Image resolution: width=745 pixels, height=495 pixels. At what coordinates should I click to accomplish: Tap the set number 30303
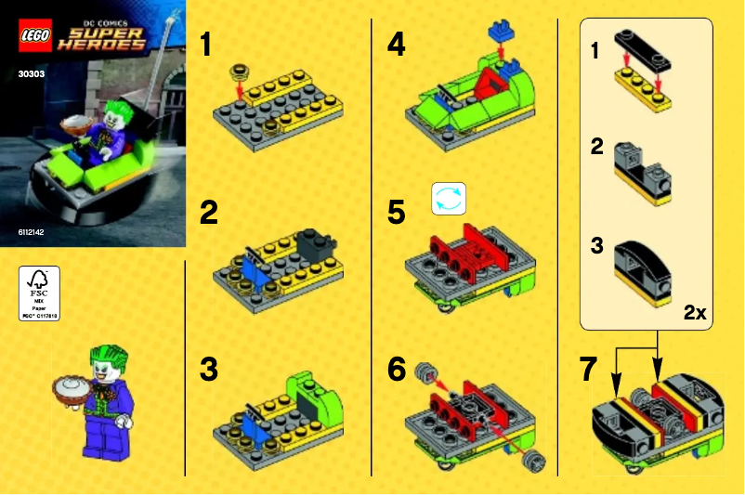(x=32, y=68)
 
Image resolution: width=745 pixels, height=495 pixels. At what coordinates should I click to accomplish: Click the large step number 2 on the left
(x=210, y=214)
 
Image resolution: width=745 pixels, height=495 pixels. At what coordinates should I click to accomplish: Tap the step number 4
(x=397, y=43)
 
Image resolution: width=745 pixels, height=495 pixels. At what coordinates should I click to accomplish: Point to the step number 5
(x=397, y=213)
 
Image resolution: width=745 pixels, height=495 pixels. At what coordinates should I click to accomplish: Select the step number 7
(x=587, y=370)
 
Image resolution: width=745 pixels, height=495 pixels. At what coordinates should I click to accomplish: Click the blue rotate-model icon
(x=447, y=199)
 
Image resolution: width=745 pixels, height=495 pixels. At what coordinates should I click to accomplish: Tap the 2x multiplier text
(x=695, y=313)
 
